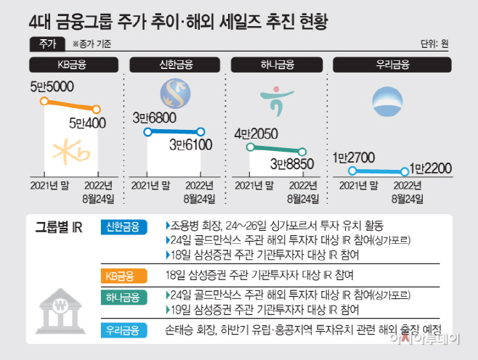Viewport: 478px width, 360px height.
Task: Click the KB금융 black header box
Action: [74, 65]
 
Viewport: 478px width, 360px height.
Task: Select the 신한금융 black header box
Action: [174, 65]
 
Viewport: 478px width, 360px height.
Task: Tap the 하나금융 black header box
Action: [277, 65]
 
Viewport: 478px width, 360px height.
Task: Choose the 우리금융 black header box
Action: [392, 65]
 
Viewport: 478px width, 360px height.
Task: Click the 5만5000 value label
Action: [52, 87]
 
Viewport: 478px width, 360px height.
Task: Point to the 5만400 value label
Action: [87, 123]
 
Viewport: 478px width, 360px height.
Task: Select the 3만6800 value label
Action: [155, 118]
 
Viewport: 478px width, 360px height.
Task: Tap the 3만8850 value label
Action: [292, 164]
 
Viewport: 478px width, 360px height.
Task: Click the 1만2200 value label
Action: [430, 168]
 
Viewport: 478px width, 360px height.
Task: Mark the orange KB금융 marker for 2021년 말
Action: [44, 101]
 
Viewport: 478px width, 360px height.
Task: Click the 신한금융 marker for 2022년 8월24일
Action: [200, 132]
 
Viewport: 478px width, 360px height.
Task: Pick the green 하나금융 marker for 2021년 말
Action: [251, 147]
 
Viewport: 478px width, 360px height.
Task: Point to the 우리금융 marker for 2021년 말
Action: [352, 171]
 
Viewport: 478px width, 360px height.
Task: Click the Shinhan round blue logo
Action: [175, 94]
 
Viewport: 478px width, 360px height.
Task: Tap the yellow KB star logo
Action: [71, 152]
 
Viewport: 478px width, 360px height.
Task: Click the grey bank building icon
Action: [61, 311]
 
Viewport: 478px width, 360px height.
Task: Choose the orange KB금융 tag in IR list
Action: [124, 276]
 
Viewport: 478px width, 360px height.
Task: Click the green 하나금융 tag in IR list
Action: [124, 298]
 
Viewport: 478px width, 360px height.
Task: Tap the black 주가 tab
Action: [47, 44]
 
